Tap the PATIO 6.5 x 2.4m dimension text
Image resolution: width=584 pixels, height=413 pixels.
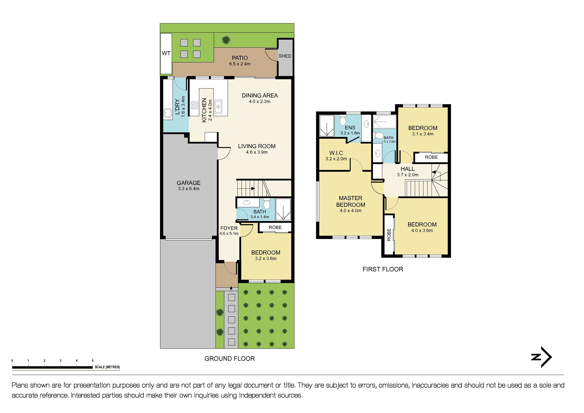point(240,64)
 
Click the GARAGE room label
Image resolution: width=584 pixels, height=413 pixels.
point(188,183)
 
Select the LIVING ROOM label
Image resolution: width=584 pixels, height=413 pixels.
point(257,146)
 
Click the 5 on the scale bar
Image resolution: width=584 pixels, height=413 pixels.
point(93,361)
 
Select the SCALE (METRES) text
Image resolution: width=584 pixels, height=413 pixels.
point(107,367)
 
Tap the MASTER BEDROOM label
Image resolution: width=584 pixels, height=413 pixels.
point(351,201)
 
